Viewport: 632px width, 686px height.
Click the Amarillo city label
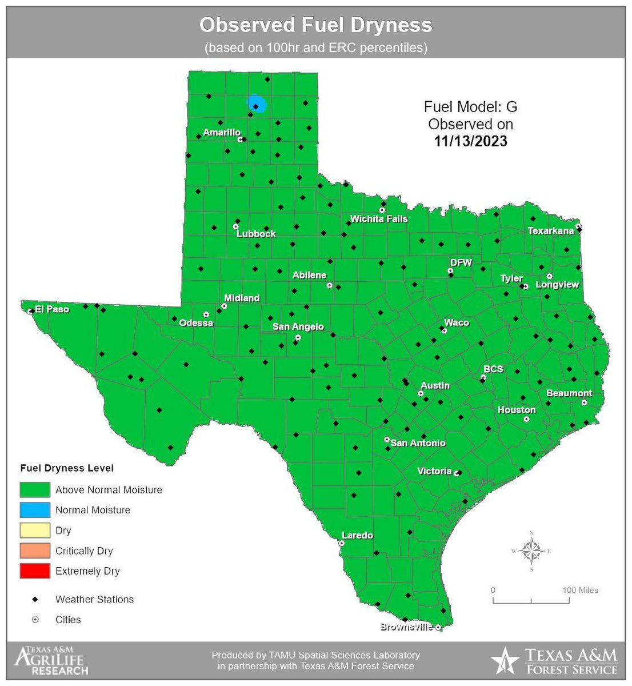click(222, 133)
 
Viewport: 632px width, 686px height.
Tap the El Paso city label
click(51, 309)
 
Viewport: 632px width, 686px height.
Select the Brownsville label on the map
click(406, 627)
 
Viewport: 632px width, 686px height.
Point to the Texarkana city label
click(550, 231)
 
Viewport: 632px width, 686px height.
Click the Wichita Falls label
click(379, 219)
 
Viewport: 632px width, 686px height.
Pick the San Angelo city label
click(298, 327)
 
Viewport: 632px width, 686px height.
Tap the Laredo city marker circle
click(342, 544)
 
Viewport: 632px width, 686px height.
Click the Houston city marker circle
click(526, 419)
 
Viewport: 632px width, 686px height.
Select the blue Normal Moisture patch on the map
click(257, 104)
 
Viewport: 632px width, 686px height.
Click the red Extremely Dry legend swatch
click(34, 571)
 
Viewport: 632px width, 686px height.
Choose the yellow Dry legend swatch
click(34, 531)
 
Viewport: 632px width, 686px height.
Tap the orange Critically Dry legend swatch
click(34, 551)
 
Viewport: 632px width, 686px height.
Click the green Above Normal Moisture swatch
click(34, 490)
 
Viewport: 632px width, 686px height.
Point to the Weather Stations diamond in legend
click(35, 599)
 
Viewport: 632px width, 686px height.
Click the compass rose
click(531, 552)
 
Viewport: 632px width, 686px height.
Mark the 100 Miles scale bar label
click(580, 590)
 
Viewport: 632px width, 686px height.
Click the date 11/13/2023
click(471, 141)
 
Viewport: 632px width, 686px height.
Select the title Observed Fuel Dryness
click(315, 25)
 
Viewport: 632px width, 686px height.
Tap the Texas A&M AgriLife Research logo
click(51, 661)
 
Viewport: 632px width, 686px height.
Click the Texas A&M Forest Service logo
click(554, 661)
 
